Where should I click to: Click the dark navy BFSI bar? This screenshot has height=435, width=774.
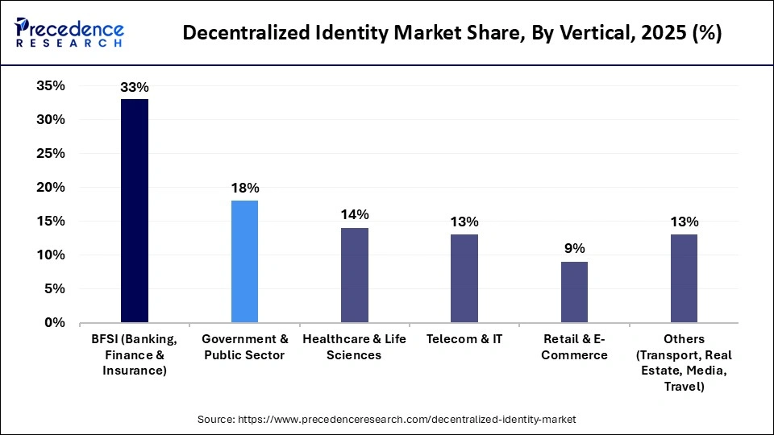135,211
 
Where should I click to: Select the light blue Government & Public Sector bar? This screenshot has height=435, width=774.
244,262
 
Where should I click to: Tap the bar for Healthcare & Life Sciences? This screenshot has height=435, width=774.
355,275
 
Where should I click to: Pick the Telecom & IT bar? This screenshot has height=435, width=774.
464,279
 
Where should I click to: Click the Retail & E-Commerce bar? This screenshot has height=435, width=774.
574,292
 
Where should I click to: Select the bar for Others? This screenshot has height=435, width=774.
684,279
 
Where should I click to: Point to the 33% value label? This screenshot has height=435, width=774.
135,86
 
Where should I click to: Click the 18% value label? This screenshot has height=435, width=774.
244,188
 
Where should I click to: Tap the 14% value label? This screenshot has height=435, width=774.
355,214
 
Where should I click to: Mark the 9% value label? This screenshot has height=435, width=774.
574,248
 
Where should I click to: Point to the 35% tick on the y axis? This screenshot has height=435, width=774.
50,86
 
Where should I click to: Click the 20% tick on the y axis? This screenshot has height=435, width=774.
50,188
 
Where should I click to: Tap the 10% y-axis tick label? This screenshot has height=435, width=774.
50,255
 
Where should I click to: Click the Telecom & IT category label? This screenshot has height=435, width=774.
464,339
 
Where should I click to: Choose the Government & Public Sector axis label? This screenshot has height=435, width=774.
244,347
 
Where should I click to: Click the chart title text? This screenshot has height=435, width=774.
452,33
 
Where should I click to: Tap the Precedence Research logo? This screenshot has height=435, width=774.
69,33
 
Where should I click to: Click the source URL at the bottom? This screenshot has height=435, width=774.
387,420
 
